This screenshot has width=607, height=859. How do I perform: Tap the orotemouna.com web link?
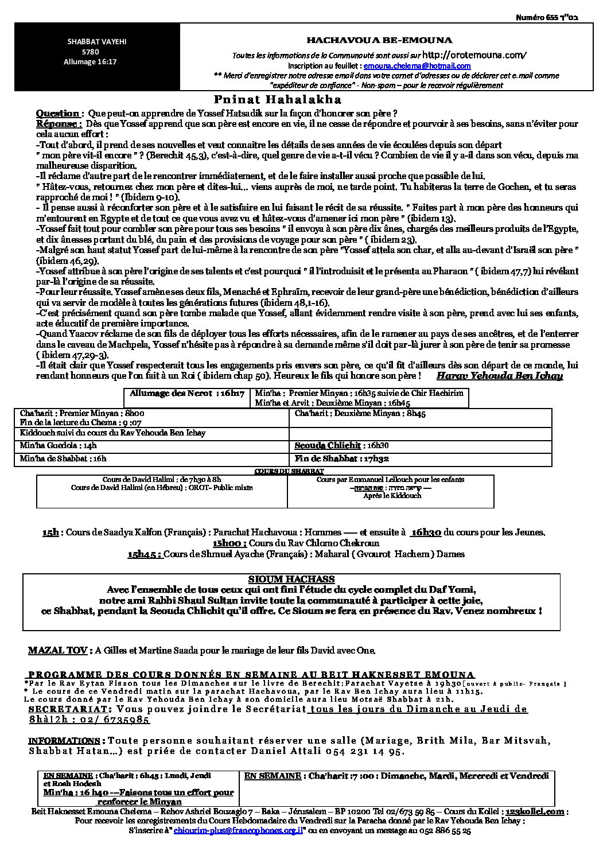click(x=474, y=55)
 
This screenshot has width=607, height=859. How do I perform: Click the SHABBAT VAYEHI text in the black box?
click(x=90, y=41)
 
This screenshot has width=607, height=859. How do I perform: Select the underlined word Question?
click(x=57, y=114)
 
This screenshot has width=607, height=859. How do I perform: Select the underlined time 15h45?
click(x=145, y=554)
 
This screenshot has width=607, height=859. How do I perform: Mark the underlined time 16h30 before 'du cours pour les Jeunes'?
click(x=426, y=532)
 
